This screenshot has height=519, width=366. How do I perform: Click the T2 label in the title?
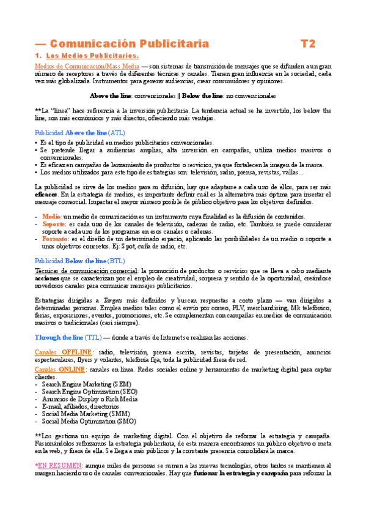tap(308, 43)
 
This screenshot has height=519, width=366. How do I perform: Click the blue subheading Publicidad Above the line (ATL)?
tap(80, 132)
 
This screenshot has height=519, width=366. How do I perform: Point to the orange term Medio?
tap(51, 217)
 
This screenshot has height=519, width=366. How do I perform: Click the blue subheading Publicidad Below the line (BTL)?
tap(80, 261)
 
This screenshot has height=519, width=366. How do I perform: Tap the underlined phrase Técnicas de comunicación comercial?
tap(86, 270)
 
